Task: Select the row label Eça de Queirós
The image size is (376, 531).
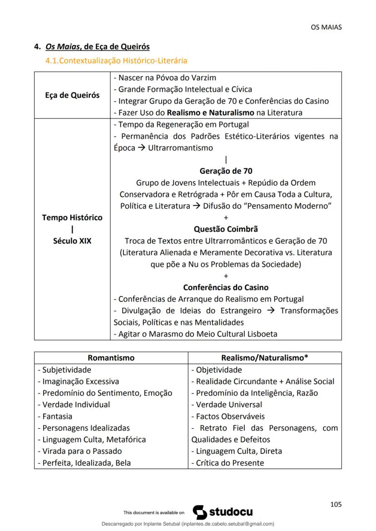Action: point(72,95)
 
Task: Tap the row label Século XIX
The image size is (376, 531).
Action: point(72,241)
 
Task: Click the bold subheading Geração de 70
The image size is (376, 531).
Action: point(226,171)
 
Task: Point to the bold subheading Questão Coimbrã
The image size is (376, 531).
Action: point(226,229)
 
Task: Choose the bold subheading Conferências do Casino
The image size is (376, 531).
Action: point(226,287)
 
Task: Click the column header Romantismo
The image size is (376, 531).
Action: point(111,358)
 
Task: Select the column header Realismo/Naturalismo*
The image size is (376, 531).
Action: point(265,358)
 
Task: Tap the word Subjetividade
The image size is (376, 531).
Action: point(67,370)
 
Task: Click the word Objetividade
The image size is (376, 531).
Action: point(219,370)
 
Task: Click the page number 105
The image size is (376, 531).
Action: point(336,504)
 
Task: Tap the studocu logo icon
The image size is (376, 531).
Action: point(200,512)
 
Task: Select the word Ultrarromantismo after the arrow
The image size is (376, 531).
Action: point(180,148)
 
